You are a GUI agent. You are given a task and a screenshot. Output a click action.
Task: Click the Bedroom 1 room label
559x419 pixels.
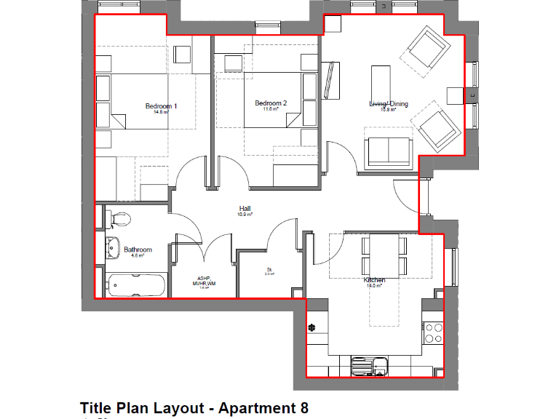(x=161, y=106)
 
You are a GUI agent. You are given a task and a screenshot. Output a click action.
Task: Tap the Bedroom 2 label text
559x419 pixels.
(x=270, y=103)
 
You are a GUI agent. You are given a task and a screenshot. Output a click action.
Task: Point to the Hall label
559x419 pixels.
(x=245, y=208)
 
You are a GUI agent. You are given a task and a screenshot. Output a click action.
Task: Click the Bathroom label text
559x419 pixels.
(x=138, y=250)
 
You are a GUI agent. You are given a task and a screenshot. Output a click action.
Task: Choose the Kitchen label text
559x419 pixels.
(x=374, y=280)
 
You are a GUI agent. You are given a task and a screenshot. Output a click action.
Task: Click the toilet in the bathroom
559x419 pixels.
(x=118, y=218)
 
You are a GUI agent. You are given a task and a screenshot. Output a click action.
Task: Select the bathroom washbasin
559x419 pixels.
(x=113, y=247)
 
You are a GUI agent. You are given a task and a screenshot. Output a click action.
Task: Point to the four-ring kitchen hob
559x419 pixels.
(x=433, y=332)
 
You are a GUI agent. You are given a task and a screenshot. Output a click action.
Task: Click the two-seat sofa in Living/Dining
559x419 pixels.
(x=389, y=150)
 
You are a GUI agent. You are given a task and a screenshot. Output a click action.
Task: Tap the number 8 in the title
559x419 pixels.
(x=304, y=408)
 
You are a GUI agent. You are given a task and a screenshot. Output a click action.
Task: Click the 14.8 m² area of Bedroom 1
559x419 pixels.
(x=161, y=113)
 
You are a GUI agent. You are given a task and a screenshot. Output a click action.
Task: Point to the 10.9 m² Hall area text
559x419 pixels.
(x=245, y=215)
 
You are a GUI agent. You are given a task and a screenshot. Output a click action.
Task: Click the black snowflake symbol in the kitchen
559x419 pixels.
(x=312, y=327)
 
